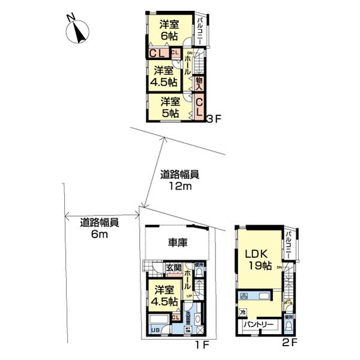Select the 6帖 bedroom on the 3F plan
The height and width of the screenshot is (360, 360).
tap(169, 30)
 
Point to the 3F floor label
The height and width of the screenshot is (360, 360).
tap(215, 119)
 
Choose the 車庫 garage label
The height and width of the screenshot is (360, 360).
tap(177, 243)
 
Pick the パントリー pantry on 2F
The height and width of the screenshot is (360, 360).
tap(259, 325)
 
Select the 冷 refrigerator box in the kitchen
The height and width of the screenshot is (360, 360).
tap(243, 313)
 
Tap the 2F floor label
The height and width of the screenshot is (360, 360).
tap(291, 344)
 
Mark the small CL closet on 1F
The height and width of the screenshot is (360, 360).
tap(176, 318)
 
